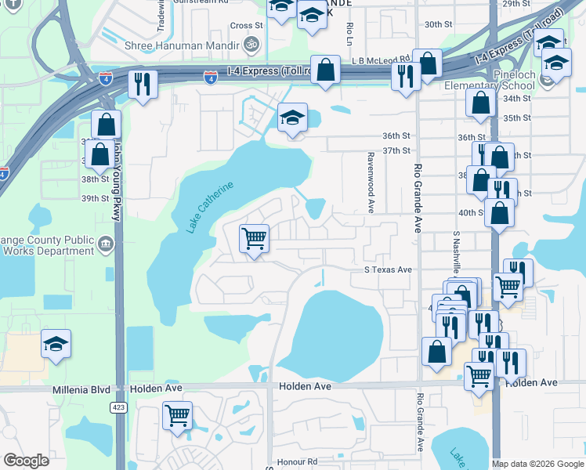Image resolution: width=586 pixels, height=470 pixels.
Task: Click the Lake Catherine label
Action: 210,207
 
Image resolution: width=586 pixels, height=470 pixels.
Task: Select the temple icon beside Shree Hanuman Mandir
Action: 252,44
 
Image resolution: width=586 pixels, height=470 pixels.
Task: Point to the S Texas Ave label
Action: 388,269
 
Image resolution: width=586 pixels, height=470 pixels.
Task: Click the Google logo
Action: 26,461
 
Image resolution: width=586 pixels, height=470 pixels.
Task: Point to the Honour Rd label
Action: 301,461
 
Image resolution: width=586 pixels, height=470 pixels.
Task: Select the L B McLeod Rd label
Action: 382,59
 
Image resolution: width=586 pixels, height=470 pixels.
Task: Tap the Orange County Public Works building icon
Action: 107,245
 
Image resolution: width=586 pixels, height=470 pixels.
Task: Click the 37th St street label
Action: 396,150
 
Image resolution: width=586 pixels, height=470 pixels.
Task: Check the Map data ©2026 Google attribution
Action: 537,463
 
